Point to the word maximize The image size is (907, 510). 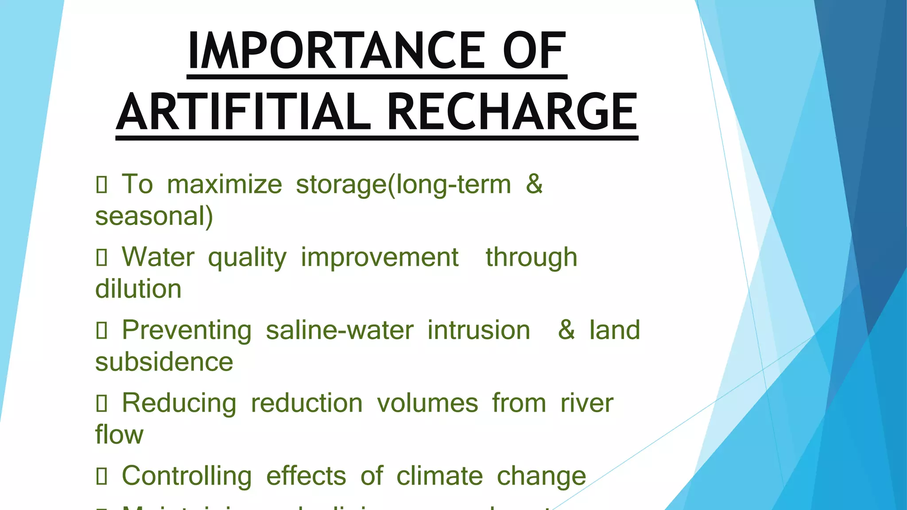click(224, 185)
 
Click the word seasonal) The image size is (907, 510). click(154, 216)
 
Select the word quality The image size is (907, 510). click(247, 258)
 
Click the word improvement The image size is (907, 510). click(380, 257)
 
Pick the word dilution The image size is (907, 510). click(138, 289)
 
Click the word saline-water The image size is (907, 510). click(340, 330)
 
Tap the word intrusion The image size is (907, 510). click(479, 330)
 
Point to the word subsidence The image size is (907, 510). click(164, 362)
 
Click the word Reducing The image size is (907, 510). click(179, 404)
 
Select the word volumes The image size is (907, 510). click(427, 403)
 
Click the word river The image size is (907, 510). click(587, 403)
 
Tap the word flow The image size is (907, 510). click(119, 435)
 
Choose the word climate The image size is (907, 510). click(439, 476)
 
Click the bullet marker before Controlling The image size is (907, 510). click(101, 476)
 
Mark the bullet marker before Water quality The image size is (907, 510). click(101, 258)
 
